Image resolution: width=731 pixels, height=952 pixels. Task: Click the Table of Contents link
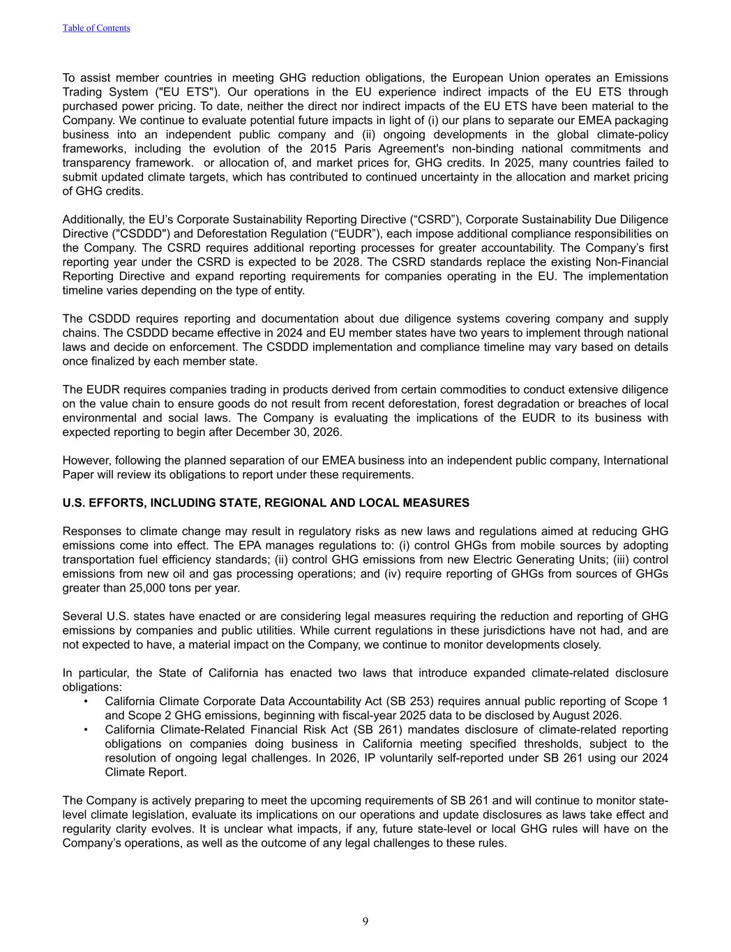point(96,28)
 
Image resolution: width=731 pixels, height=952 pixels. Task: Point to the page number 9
point(365,921)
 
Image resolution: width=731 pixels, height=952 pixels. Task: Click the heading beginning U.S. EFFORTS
point(266,503)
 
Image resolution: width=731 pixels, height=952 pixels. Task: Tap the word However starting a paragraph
point(85,460)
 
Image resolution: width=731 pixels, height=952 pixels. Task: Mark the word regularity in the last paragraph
point(86,829)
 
